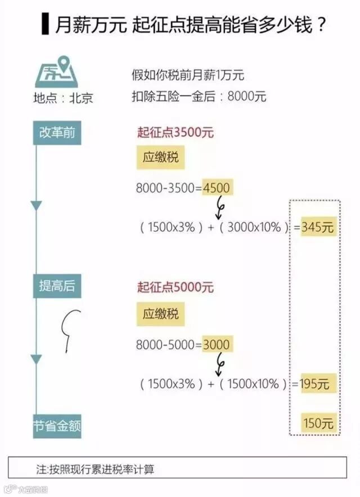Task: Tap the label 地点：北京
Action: (62, 98)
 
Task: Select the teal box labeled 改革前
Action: (57, 133)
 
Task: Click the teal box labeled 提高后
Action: (57, 286)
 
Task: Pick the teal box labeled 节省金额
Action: (57, 427)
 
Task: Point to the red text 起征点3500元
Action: (175, 133)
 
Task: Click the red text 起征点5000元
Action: (175, 287)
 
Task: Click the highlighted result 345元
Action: (318, 227)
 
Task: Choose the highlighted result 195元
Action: (318, 384)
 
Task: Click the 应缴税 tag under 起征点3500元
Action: (160, 158)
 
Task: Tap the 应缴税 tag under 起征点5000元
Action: (160, 313)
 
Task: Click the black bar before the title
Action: (45, 25)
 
